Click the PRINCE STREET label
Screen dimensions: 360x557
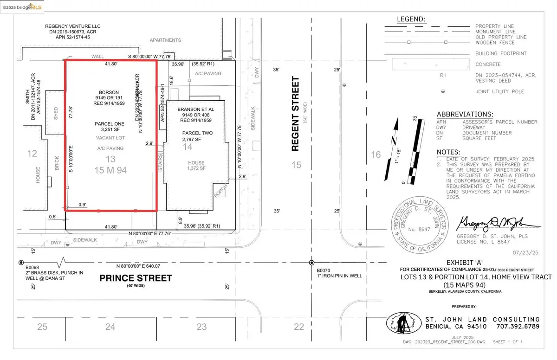coord(136,278)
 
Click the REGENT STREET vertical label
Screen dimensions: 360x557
coord(295,114)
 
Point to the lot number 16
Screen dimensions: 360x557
coord(376,154)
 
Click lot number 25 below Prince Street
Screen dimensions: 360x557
coord(42,327)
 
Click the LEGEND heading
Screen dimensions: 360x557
coord(411,19)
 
